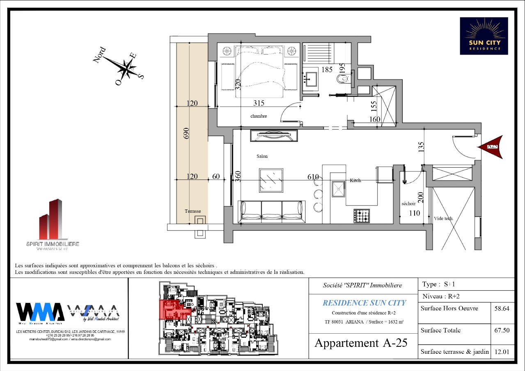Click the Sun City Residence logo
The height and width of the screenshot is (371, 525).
tap(484, 36)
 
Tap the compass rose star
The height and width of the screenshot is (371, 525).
tap(128, 68)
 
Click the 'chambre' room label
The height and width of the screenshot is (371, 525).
tap(259, 116)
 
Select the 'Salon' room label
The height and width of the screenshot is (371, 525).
tap(262, 156)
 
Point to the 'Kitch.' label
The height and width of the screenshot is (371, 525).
tap(355, 180)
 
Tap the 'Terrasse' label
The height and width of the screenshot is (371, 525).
tap(193, 211)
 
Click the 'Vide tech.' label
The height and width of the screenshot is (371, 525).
tap(444, 219)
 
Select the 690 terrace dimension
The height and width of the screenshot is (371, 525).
tap(186, 133)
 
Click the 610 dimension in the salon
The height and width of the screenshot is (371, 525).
tap(313, 177)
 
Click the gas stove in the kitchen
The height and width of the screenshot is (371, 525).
tap(362, 216)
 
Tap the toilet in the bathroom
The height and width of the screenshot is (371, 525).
tap(341, 79)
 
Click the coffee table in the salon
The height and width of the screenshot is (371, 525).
tap(271, 180)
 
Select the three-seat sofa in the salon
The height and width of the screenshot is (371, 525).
tap(272, 212)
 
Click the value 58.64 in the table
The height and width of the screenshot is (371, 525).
tap(503, 309)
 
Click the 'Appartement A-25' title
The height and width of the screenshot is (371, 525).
tap(361, 343)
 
